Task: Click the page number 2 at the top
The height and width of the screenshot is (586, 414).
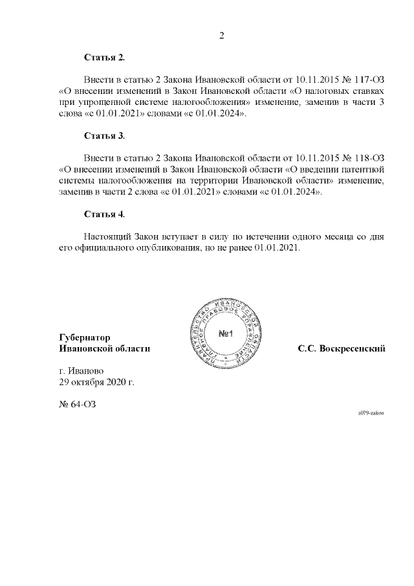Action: (221, 36)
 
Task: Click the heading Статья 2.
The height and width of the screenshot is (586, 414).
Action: (104, 58)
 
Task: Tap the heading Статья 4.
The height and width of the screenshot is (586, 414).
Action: (104, 214)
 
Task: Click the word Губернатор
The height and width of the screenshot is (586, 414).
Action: (84, 337)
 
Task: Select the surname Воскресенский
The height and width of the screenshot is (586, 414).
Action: (353, 348)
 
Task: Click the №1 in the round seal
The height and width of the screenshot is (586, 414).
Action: (225, 334)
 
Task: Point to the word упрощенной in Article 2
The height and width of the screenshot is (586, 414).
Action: (100, 102)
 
